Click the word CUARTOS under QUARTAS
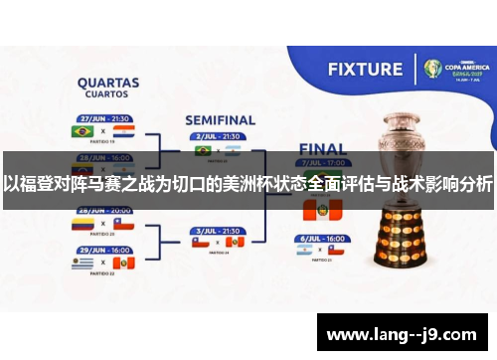(x=106, y=95)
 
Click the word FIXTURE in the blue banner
(x=366, y=70)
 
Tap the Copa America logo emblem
(x=433, y=69)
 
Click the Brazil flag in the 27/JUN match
(x=83, y=131)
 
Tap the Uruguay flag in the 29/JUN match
(x=83, y=264)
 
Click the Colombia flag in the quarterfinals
(x=83, y=226)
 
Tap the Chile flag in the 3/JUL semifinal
(x=200, y=242)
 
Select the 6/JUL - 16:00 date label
(x=321, y=240)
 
